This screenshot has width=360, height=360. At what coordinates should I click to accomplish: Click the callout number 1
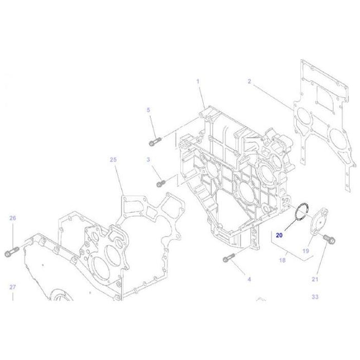pos(198,82)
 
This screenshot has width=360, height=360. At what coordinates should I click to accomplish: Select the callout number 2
pos(249,82)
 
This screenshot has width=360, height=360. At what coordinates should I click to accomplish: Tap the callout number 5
pos(148,110)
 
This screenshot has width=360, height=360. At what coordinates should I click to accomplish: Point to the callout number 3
pos(148,160)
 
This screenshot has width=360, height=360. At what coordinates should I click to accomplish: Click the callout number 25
pos(113,160)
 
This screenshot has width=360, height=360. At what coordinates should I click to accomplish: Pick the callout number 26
pos(13,218)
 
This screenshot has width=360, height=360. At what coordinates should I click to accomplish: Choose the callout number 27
pos(13,287)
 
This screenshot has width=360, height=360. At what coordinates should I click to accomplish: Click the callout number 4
pos(249,279)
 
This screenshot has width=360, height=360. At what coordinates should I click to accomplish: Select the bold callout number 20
pos(279,235)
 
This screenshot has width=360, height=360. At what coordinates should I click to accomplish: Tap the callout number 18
pos(283,260)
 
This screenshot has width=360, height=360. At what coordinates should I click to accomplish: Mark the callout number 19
pos(306,251)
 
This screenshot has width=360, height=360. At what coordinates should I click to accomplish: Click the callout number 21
pos(315,279)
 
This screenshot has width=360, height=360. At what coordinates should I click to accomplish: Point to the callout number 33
pos(315,297)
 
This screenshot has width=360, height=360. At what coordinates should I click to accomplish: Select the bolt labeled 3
pos(161,183)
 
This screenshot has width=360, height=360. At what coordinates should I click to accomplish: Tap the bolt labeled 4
pos(227,258)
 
